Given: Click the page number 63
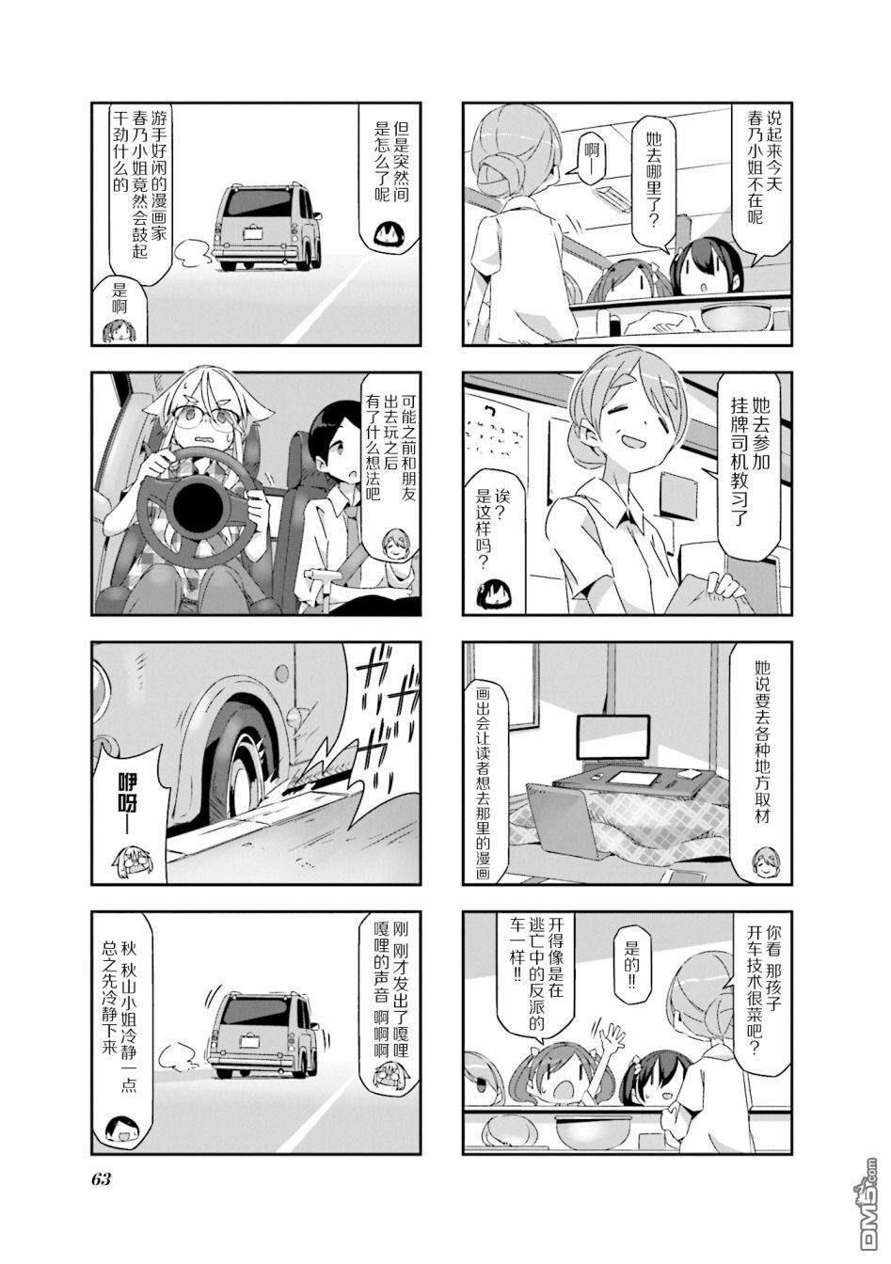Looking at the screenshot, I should coord(102,1180).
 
